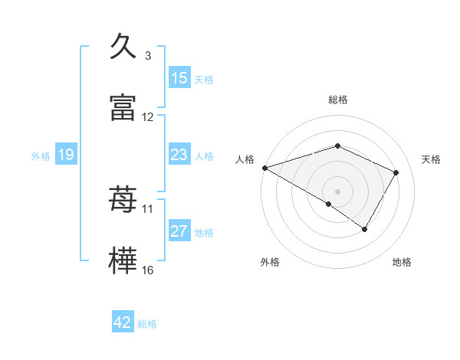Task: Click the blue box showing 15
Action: [x=179, y=77]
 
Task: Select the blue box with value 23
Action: [x=179, y=155]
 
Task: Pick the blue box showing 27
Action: [x=179, y=231]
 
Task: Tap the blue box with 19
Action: [x=66, y=155]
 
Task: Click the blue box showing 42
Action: [x=123, y=322]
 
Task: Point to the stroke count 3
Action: [x=148, y=56]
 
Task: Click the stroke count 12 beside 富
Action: [x=148, y=117]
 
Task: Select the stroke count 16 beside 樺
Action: [x=148, y=270]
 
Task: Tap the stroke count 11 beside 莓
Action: [x=148, y=208]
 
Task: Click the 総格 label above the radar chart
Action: [x=338, y=100]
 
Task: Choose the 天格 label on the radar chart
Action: [x=432, y=159]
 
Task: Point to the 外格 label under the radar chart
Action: [x=270, y=263]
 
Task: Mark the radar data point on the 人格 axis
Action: [x=264, y=168]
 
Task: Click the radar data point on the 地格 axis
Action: [x=365, y=229]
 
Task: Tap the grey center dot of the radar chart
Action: [x=338, y=191]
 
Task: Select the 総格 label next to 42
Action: [x=147, y=324]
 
